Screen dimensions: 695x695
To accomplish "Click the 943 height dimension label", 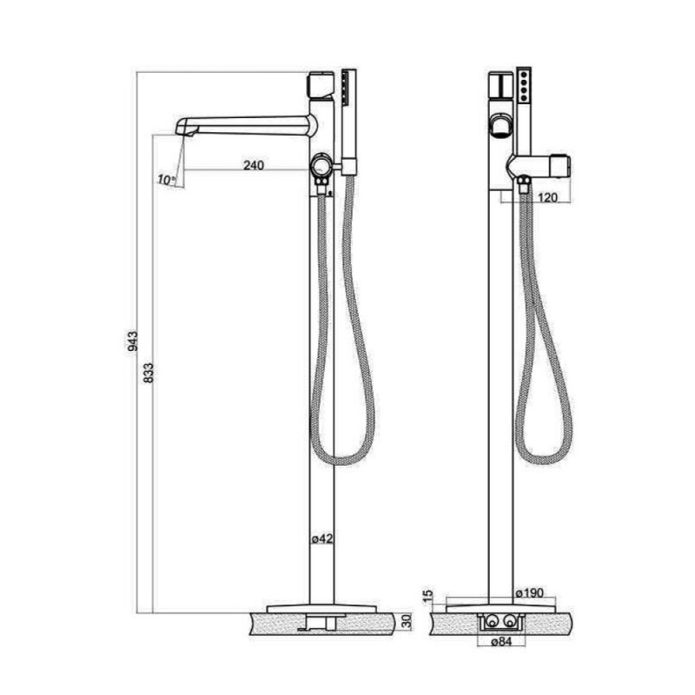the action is [133, 341].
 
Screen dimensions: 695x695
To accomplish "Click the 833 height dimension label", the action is [149, 373].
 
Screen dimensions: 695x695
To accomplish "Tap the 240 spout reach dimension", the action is [254, 165].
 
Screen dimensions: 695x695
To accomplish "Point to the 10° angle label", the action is [166, 180].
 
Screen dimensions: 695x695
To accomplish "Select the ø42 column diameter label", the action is [321, 539].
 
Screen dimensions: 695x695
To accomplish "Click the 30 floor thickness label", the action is [407, 621].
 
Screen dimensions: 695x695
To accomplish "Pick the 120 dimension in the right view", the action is [548, 197].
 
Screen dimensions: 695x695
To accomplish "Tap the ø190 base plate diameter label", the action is [530, 592].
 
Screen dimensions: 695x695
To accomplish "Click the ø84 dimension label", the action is [501, 641].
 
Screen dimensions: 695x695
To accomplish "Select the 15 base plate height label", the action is [428, 596].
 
